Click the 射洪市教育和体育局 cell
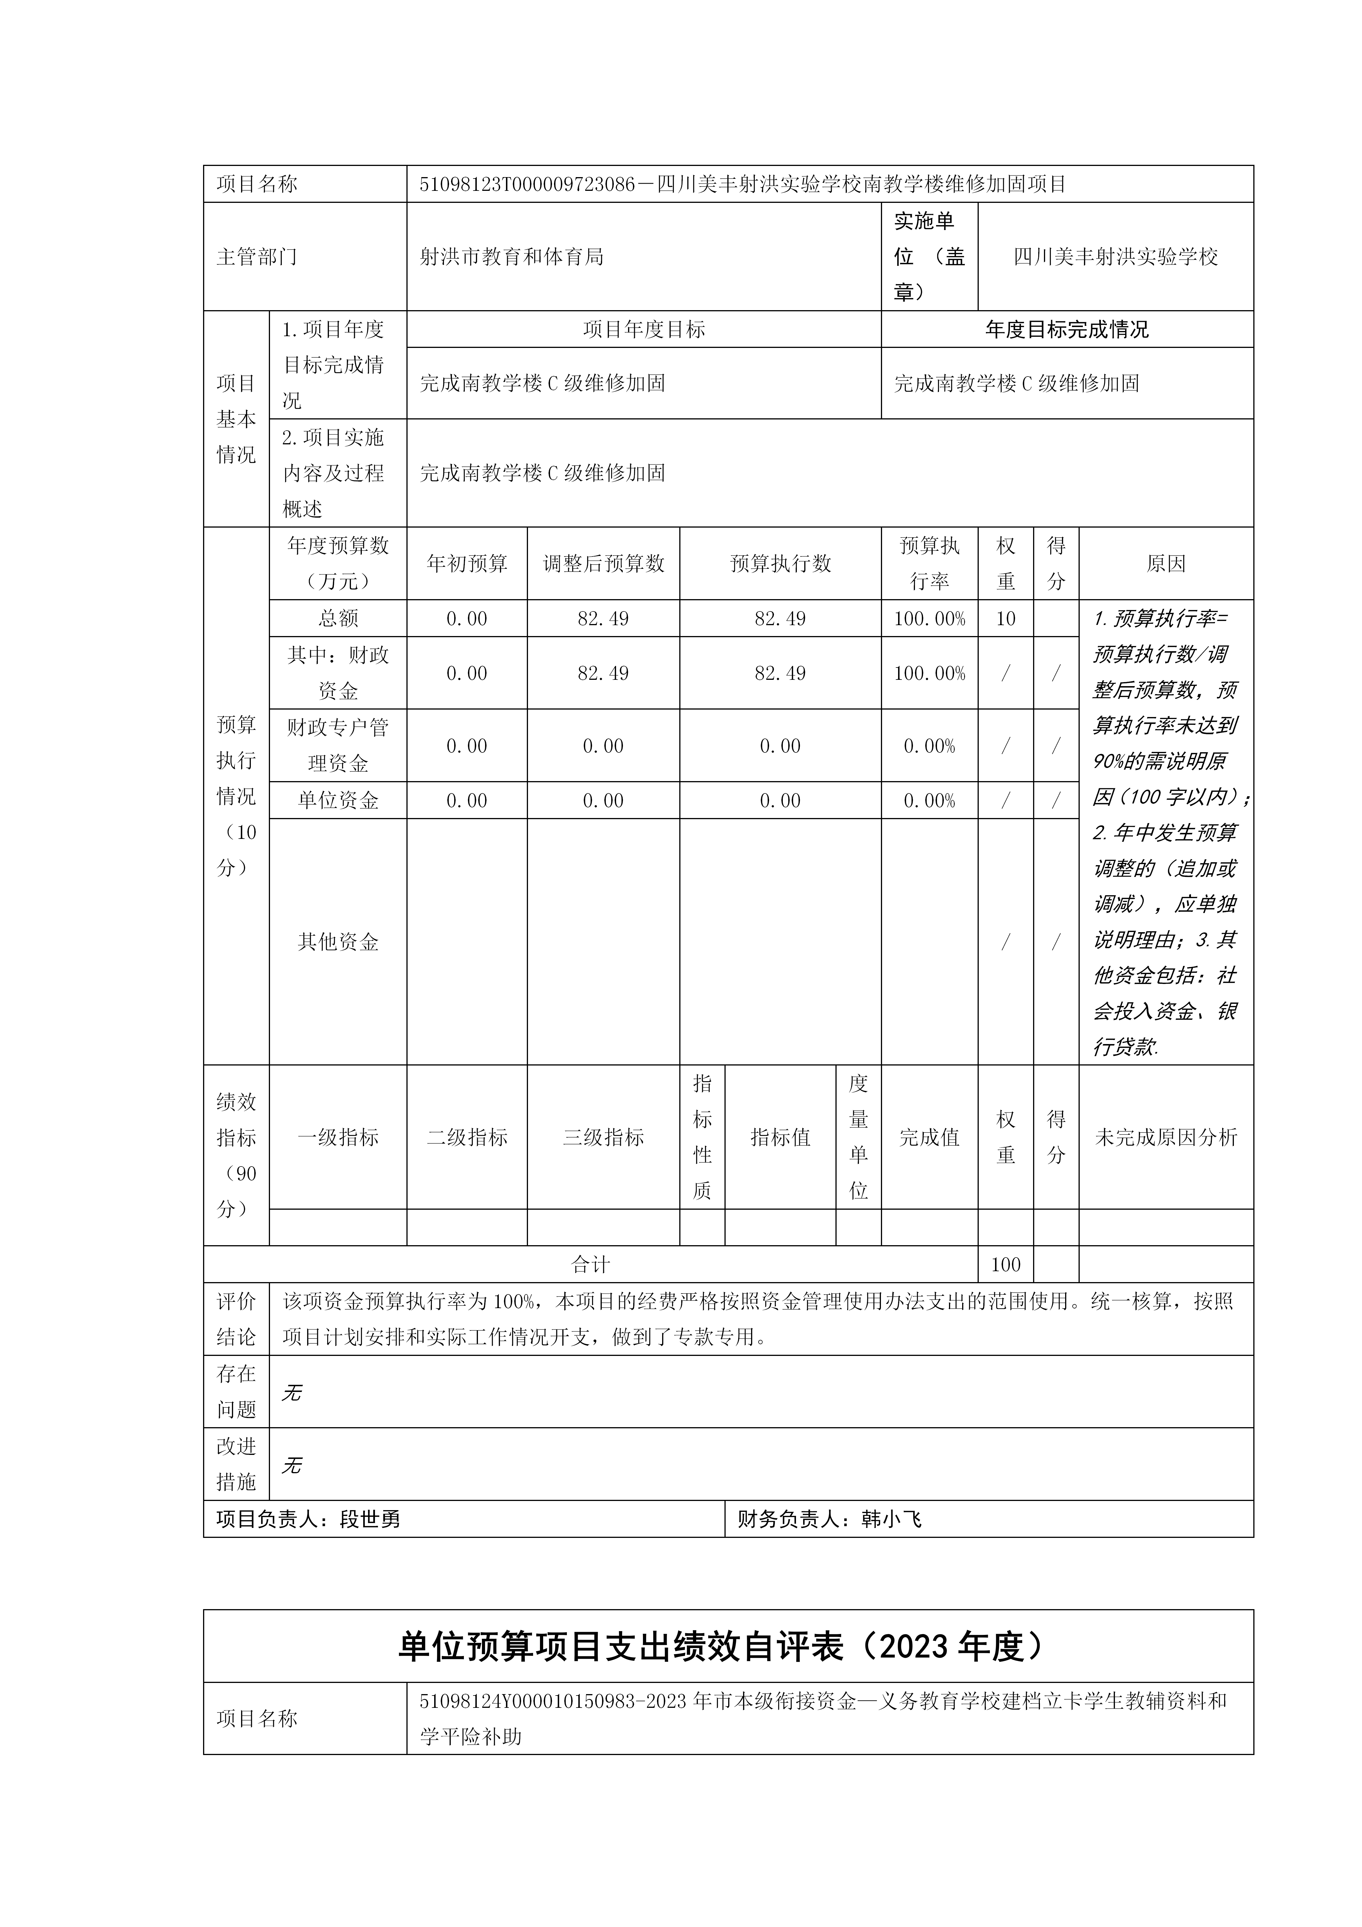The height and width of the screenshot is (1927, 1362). click(512, 257)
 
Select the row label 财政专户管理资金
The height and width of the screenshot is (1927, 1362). click(338, 745)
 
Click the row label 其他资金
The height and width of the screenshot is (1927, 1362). click(338, 942)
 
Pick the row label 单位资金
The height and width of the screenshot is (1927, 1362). click(338, 801)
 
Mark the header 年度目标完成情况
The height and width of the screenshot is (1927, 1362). click(1067, 330)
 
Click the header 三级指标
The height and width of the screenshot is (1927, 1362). click(603, 1137)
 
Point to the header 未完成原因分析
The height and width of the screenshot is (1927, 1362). click(1166, 1137)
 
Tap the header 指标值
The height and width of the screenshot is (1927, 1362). click(781, 1137)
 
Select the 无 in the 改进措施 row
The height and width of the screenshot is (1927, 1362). click(291, 1465)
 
